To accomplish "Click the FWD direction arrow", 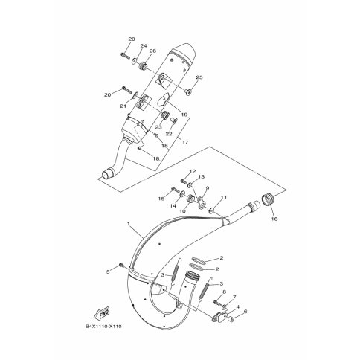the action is click(101, 313).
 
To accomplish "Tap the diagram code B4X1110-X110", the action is click(103, 327).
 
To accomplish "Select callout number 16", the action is click(274, 219).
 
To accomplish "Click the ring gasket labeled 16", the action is click(268, 199).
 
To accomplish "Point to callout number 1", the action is click(129, 224).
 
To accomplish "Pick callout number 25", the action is click(199, 77).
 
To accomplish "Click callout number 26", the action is click(152, 51).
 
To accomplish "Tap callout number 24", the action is click(144, 46).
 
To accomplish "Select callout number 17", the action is click(185, 142).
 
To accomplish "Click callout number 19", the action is click(184, 115).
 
